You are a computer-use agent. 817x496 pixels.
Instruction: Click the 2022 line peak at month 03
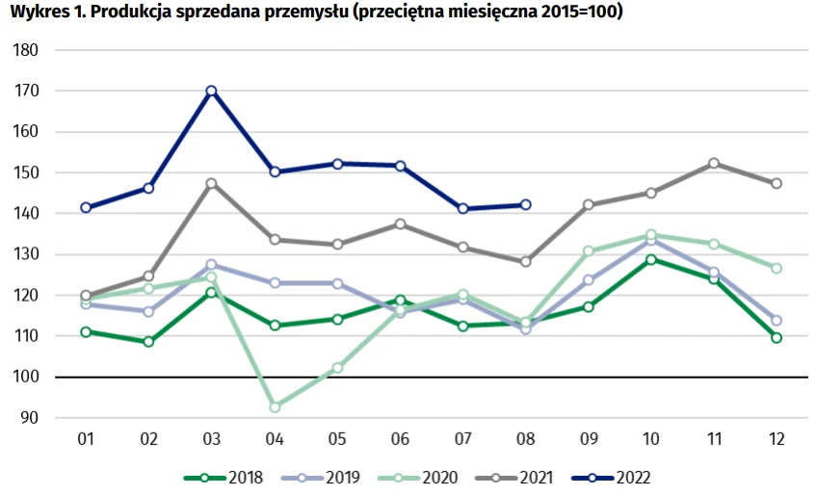tap(211, 91)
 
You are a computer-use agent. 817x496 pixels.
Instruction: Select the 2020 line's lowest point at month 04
tap(275, 407)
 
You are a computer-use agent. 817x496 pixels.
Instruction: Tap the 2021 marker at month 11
tap(714, 164)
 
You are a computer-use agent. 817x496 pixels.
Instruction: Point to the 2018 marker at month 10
tap(651, 259)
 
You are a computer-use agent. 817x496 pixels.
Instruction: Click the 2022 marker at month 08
tap(526, 204)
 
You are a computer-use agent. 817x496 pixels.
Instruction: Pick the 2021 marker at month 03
tap(211, 183)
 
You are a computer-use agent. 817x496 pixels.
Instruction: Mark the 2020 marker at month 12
tap(777, 268)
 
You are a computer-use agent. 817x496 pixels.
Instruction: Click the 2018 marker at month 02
tap(148, 342)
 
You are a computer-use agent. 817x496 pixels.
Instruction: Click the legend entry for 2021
tap(526, 477)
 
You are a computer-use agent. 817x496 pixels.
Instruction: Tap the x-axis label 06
tap(401, 439)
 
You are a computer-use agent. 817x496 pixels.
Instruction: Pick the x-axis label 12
tap(777, 439)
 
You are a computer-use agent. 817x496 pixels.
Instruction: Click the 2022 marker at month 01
tap(86, 207)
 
